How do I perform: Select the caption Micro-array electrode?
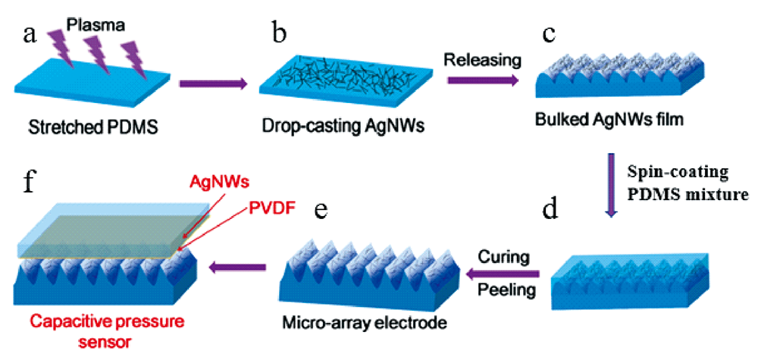tap(370, 323)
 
